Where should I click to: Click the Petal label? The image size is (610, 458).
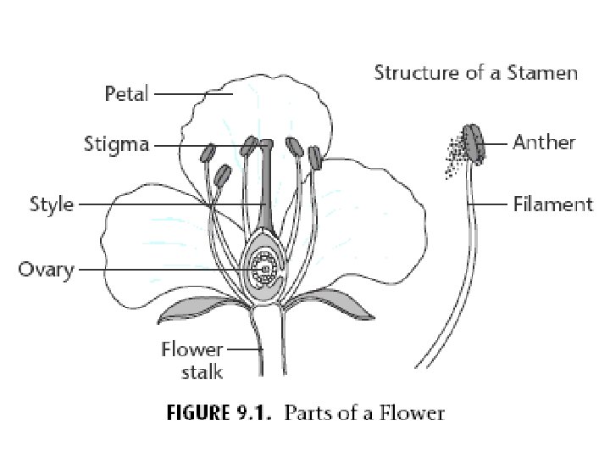tap(126, 93)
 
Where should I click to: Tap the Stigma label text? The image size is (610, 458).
tap(116, 144)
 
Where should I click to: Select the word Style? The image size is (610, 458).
tap(52, 204)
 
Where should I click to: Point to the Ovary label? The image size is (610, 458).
tap(47, 271)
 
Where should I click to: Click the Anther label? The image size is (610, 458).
tap(544, 142)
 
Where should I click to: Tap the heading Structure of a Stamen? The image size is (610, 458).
tap(476, 72)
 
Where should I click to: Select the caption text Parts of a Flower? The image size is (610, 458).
tap(364, 414)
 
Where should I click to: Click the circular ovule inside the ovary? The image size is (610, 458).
tap(265, 271)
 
